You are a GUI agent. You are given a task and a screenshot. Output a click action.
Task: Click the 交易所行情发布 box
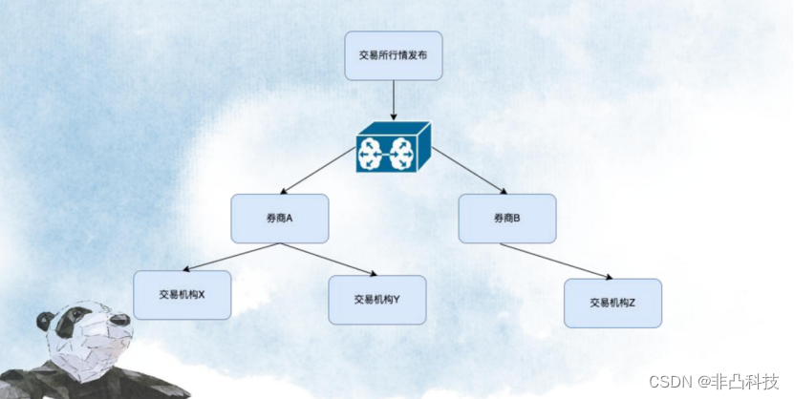394,55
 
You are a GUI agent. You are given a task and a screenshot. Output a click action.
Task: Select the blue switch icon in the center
394,149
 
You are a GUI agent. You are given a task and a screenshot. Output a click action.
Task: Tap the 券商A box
279,219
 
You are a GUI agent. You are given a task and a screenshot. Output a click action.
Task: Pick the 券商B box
506,219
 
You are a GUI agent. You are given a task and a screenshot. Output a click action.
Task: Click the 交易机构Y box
376,300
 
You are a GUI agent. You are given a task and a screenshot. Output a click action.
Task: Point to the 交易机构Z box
612,304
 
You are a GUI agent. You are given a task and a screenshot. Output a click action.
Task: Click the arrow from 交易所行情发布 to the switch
394,100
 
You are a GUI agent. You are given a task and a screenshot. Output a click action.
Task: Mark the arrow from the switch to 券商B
468,170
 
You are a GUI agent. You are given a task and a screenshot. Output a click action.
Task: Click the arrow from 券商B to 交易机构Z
556,261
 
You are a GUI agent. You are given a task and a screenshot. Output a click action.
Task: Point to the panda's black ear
43,322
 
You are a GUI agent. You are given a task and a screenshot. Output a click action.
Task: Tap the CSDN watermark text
671,382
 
